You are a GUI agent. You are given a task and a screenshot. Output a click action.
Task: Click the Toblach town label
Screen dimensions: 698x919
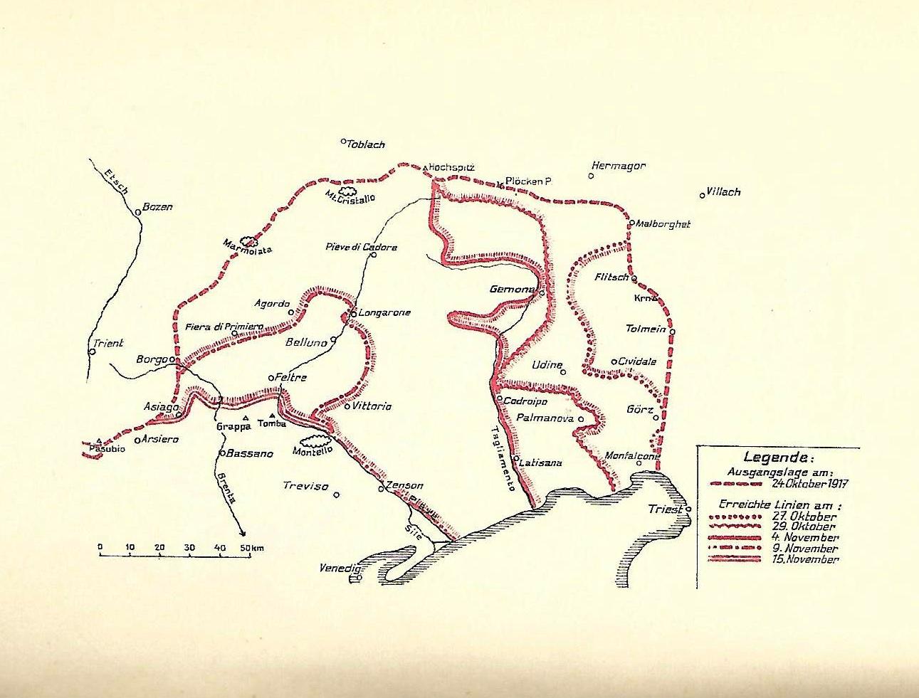pos(366,144)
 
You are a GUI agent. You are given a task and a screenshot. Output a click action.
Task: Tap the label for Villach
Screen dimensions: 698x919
pos(724,192)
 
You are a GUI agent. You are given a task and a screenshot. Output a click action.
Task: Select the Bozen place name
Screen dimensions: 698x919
pos(158,207)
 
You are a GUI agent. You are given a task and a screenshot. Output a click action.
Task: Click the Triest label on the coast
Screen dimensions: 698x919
pos(665,509)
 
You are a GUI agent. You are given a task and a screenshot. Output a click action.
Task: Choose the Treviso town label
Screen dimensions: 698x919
pos(305,487)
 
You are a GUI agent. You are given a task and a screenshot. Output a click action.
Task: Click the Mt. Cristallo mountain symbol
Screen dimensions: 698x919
pos(347,191)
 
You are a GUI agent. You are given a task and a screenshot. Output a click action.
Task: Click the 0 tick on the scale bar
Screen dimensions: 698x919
pos(100,547)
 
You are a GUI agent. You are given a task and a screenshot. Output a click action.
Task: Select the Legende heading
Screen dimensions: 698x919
pos(776,458)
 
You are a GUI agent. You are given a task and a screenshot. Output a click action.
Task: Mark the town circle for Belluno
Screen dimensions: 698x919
pos(333,342)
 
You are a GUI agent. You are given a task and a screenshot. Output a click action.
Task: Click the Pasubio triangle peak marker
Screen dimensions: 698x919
pos(98,440)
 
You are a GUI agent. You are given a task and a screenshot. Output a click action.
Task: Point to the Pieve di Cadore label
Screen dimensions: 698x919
pos(361,248)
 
